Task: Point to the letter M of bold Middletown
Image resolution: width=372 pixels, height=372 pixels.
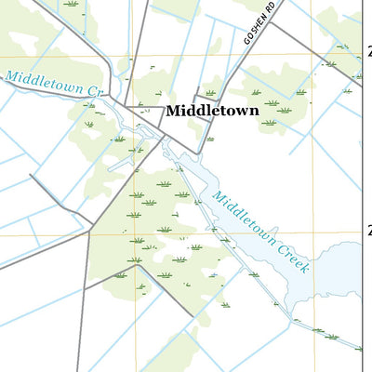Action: pyautogui.click(x=174, y=111)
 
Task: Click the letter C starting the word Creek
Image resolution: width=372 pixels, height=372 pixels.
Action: pyautogui.click(x=276, y=241)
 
